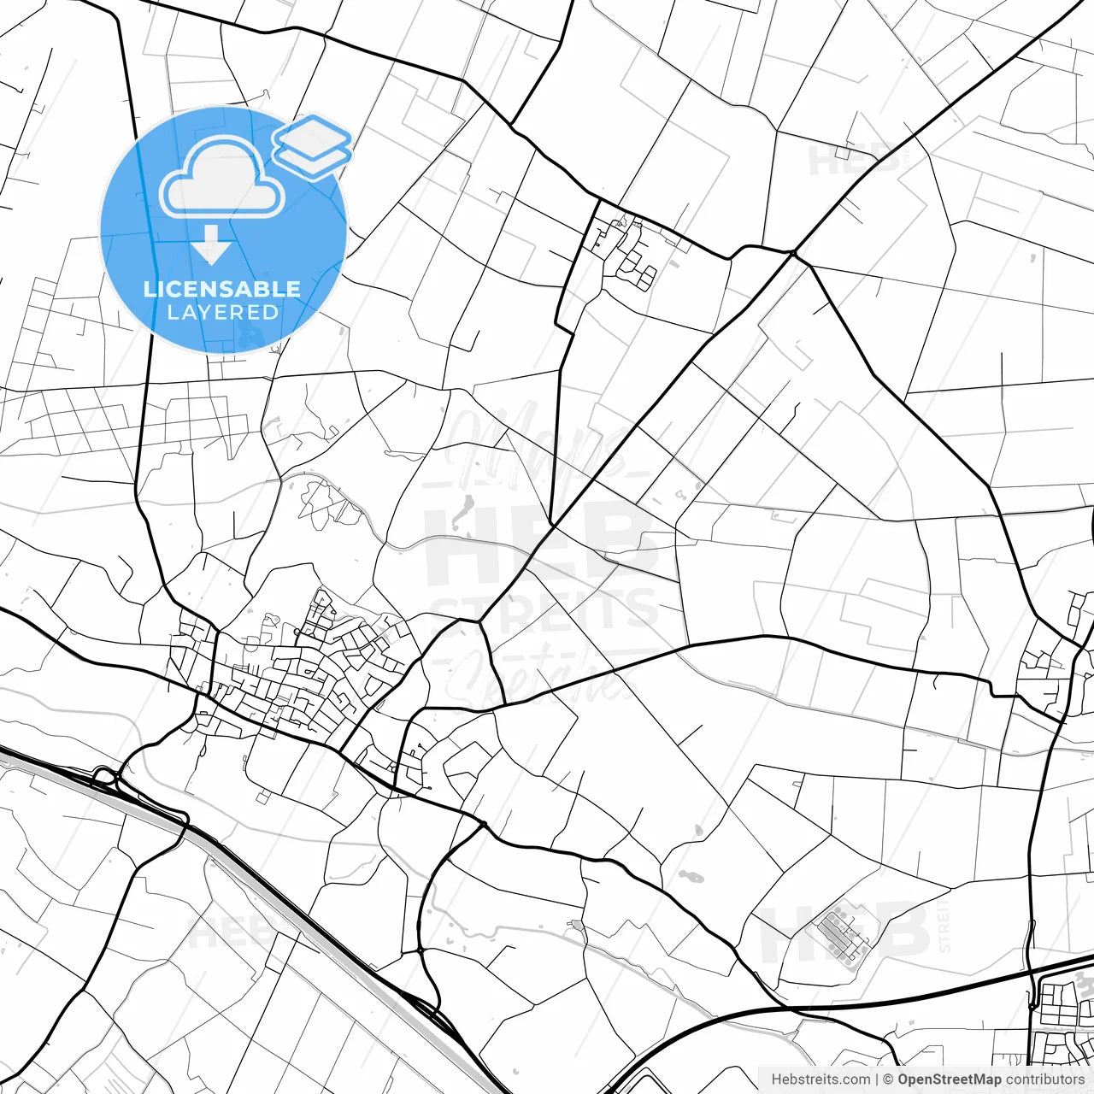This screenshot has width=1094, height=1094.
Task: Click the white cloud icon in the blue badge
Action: pyautogui.click(x=222, y=178)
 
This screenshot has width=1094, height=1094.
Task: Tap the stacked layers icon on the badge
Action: pyautogui.click(x=313, y=145)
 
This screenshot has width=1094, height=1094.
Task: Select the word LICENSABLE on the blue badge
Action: pyautogui.click(x=222, y=289)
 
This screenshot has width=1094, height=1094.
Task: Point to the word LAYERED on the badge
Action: pyautogui.click(x=222, y=313)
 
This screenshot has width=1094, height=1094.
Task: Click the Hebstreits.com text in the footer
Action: pyautogui.click(x=820, y=1079)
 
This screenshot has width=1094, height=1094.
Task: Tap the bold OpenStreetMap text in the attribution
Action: pyautogui.click(x=949, y=1079)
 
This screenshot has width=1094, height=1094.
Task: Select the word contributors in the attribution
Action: pyautogui.click(x=1044, y=1079)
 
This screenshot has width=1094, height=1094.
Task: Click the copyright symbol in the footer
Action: pyautogui.click(x=888, y=1079)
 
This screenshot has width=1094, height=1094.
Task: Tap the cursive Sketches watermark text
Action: pyautogui.click(x=547, y=671)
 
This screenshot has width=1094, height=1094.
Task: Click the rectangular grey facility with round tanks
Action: pyautogui.click(x=843, y=936)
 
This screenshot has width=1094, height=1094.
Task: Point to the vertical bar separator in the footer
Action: pyautogui.click(x=878, y=1079)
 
